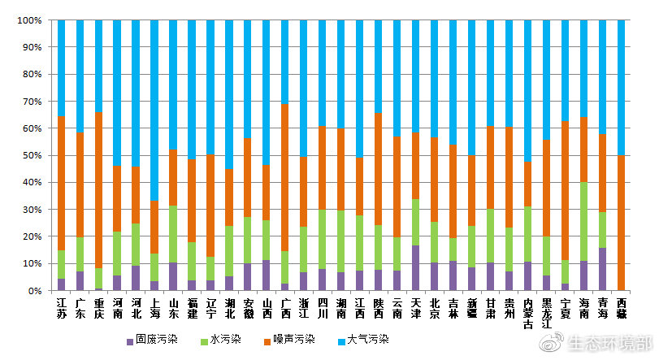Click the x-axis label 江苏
pyautogui.click(x=62, y=308)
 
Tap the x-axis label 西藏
pyautogui.click(x=622, y=308)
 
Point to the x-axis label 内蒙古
pyautogui.click(x=528, y=313)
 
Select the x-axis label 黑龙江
pyautogui.click(x=547, y=313)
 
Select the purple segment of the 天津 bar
pyautogui.click(x=416, y=268)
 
